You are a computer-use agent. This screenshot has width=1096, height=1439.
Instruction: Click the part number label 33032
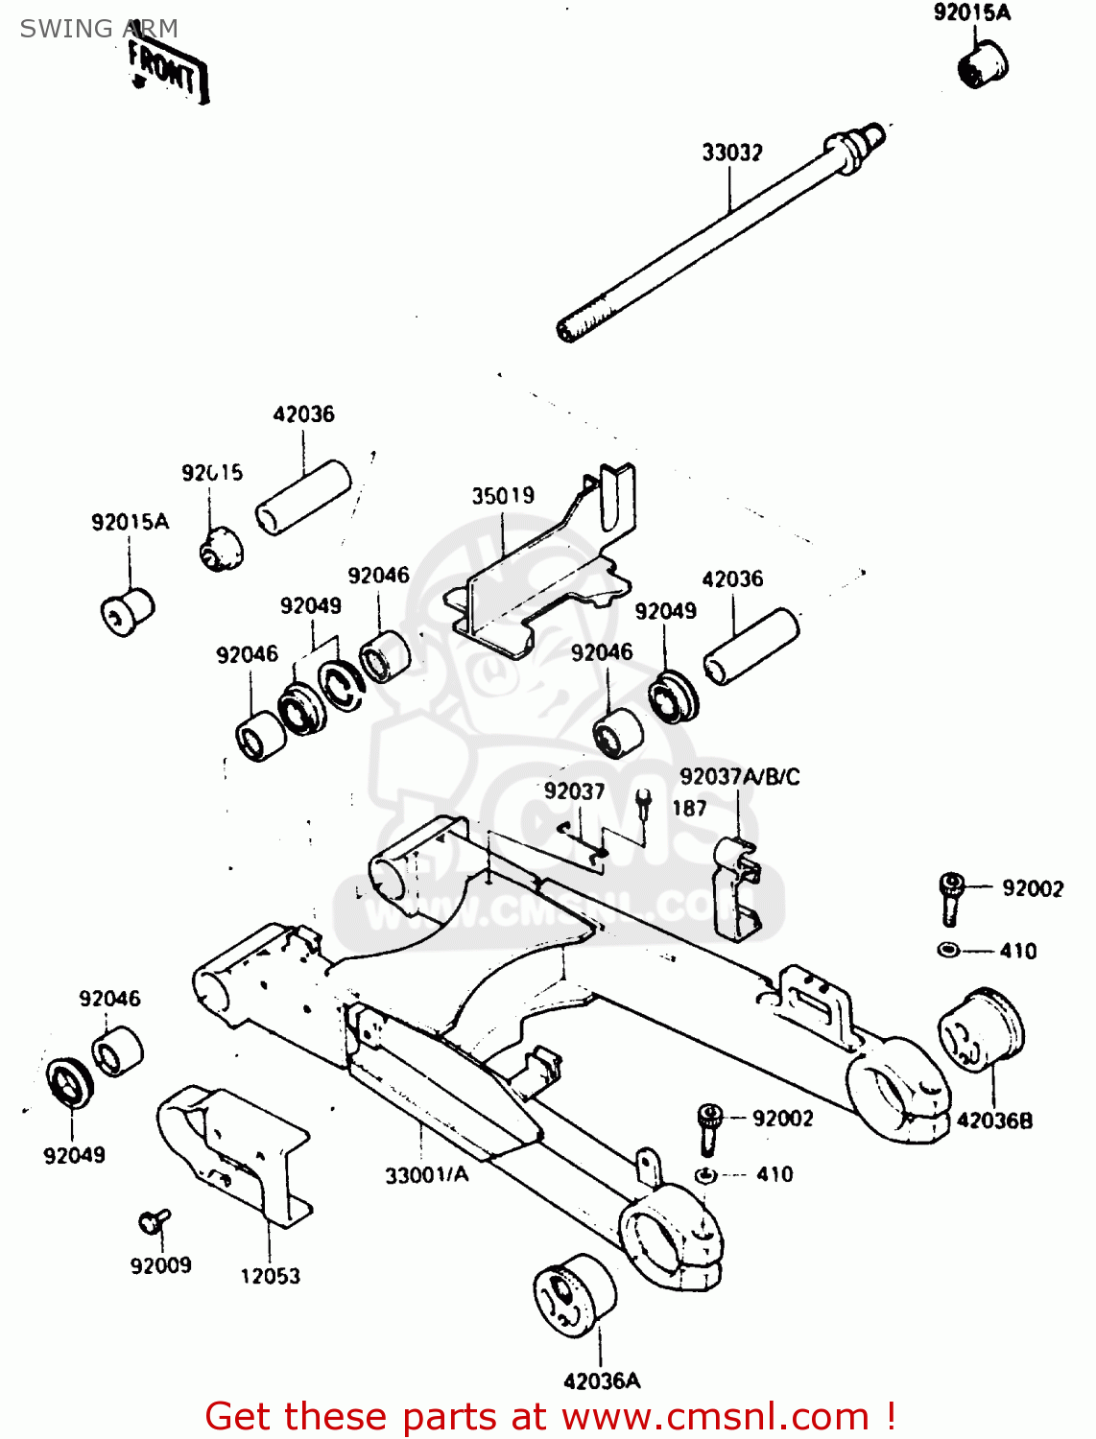731,153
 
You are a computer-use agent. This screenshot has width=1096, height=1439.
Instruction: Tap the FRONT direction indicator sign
167,73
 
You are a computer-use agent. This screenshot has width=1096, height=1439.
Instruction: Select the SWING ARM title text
99,29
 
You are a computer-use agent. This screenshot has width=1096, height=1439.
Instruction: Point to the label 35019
503,496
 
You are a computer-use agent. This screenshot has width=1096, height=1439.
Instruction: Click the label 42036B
994,1121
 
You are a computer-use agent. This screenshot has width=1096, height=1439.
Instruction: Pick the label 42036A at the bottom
602,1381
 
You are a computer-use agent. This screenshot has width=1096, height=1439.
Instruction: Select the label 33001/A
427,1175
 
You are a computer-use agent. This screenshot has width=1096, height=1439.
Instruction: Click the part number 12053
270,1276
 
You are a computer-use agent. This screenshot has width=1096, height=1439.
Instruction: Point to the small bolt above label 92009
153,1221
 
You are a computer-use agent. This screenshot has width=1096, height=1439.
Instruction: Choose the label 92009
160,1266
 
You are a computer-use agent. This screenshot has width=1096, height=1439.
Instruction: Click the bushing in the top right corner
982,62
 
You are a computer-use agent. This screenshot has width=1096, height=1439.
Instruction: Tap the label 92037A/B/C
739,777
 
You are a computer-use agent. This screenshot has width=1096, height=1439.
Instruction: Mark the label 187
689,809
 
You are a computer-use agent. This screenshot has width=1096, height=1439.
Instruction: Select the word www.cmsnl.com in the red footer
714,1417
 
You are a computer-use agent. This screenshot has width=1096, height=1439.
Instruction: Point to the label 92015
212,473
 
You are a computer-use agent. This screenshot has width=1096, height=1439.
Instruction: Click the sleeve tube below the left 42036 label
302,497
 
